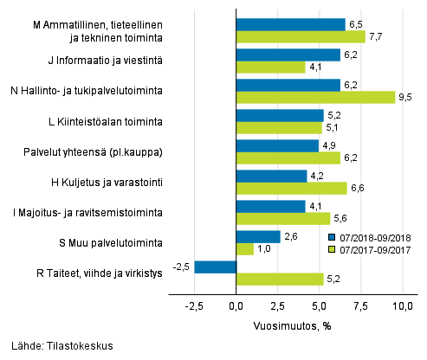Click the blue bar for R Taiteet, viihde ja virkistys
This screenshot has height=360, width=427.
[216, 267]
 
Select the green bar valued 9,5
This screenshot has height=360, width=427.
[315, 97]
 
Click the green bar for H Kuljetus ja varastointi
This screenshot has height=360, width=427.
[291, 188]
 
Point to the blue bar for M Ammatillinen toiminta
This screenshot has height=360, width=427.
[290, 24]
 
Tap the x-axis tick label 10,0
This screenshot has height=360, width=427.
[403, 305]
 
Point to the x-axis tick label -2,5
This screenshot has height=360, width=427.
[194, 305]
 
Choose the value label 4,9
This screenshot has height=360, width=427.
[327, 145]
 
